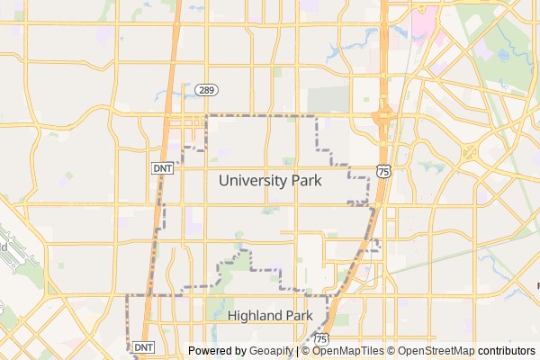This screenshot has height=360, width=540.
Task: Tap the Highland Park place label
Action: tap(269, 316)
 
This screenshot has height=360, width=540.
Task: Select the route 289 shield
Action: tap(207, 90)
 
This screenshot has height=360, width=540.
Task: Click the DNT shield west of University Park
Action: tap(162, 168)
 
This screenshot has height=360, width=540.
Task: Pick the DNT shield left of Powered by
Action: tap(144, 346)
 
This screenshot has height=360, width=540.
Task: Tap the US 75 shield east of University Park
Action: tap(384, 171)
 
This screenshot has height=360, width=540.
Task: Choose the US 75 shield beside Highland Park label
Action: tap(322, 337)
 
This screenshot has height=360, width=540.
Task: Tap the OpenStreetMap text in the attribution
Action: tap(436, 351)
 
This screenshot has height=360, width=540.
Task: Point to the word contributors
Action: tap(506, 351)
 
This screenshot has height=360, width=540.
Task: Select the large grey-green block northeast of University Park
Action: tap(328, 100)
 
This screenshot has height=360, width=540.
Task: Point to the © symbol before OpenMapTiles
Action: tap(306, 351)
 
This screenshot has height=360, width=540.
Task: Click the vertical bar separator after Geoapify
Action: tap(297, 351)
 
